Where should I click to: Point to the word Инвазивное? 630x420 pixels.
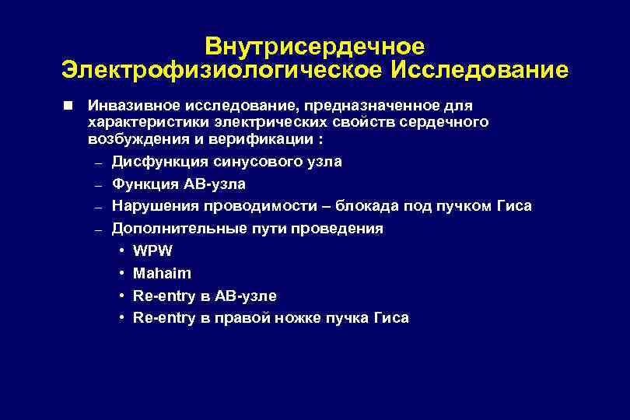[129, 105]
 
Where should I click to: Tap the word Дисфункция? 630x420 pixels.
[156, 162]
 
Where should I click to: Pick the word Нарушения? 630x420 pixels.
[155, 206]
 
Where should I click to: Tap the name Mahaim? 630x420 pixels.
[162, 274]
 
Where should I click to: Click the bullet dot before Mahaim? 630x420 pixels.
[124, 274]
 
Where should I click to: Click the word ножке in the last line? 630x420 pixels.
[309, 318]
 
